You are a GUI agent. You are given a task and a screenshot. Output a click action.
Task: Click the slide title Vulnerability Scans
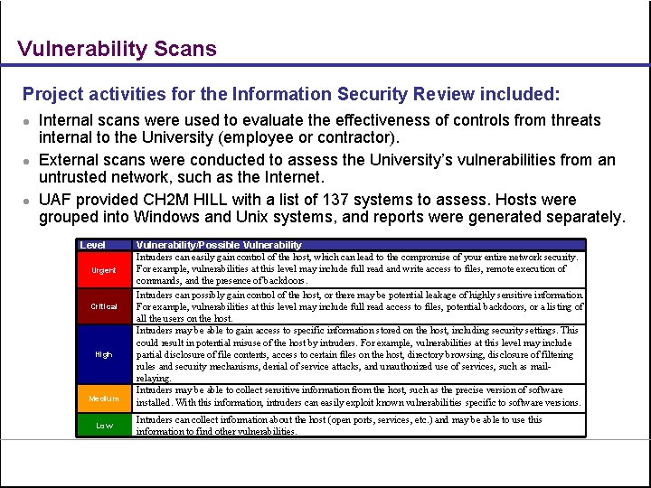tap(118, 49)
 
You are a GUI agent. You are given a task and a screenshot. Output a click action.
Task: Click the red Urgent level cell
tap(104, 270)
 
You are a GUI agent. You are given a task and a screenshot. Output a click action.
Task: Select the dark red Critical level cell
tap(104, 306)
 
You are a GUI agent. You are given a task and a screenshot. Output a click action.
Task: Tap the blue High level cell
tap(104, 354)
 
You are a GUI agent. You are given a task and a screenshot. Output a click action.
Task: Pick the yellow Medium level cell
tap(104, 398)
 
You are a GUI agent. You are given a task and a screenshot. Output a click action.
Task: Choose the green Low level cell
tap(104, 426)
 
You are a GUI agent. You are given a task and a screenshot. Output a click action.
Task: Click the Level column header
tap(93, 245)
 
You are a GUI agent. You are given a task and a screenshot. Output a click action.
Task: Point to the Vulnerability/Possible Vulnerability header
tap(219, 245)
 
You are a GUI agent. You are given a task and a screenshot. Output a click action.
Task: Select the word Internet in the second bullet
tap(294, 178)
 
